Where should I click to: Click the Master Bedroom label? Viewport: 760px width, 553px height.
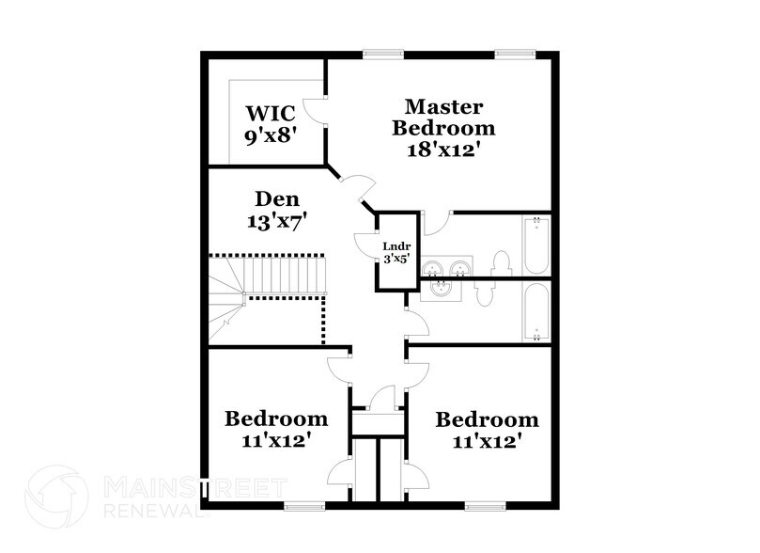pyautogui.click(x=443, y=128)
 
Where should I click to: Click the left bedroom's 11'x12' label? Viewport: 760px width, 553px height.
pyautogui.click(x=275, y=428)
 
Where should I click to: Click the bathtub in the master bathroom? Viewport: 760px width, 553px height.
pyautogui.click(x=535, y=245)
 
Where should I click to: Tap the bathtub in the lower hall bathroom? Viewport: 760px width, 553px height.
pyautogui.click(x=535, y=312)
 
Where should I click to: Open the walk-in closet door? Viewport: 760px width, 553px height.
pyautogui.click(x=319, y=111)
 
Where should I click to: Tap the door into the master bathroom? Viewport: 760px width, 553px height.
pyautogui.click(x=434, y=223)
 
